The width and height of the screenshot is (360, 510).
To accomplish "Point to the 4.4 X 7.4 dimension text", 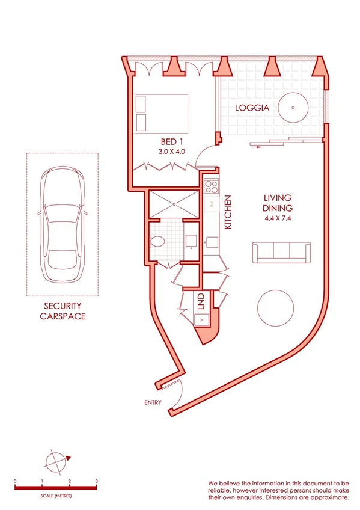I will [277, 218].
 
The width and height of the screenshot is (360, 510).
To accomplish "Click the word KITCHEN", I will [228, 212].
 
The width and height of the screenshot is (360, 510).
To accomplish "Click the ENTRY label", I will [153, 402].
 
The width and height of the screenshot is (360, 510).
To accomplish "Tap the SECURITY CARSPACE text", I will [63, 311].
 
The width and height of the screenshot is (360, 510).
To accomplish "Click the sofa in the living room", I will [282, 253].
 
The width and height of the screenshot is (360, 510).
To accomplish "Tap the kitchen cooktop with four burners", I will [212, 185].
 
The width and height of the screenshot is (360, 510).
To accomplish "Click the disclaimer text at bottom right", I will [278, 490].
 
